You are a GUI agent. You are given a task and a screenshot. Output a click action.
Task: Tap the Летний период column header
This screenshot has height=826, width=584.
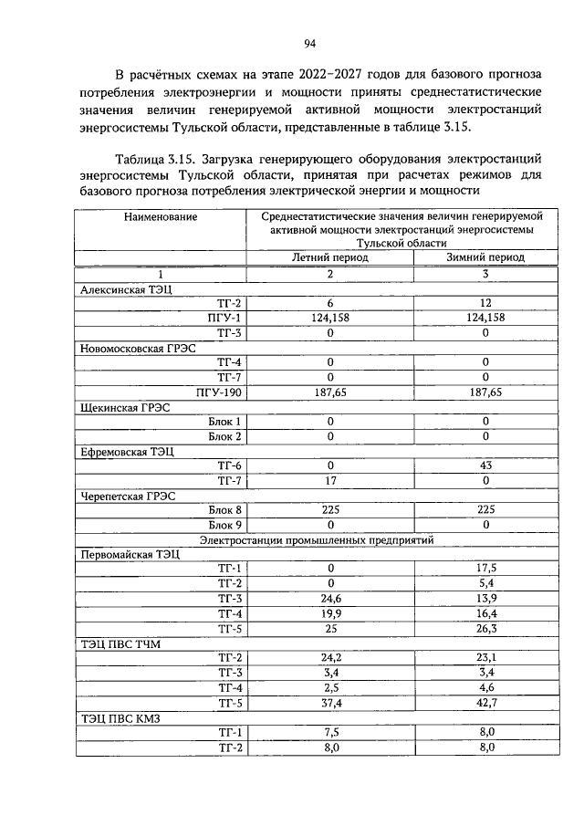330,257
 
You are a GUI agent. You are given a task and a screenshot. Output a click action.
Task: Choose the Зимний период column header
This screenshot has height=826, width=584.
485,257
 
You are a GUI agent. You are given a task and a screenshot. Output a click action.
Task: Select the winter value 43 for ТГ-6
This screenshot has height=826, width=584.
485,465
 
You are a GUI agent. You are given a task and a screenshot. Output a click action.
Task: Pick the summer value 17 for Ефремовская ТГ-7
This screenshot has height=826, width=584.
330,480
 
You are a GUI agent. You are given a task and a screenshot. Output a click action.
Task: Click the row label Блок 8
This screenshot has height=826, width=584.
224,510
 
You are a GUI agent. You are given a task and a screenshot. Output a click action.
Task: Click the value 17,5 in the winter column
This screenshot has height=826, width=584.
485,569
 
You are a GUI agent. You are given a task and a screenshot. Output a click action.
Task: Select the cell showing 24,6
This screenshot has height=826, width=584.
330,599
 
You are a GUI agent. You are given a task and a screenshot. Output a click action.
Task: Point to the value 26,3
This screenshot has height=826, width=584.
485,628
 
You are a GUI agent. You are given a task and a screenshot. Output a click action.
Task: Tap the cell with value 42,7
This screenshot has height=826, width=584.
485,703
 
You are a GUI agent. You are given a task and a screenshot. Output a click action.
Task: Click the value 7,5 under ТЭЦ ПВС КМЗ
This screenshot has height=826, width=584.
330,733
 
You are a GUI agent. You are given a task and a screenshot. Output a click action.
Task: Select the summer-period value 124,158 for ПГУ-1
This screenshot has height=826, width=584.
330,317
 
